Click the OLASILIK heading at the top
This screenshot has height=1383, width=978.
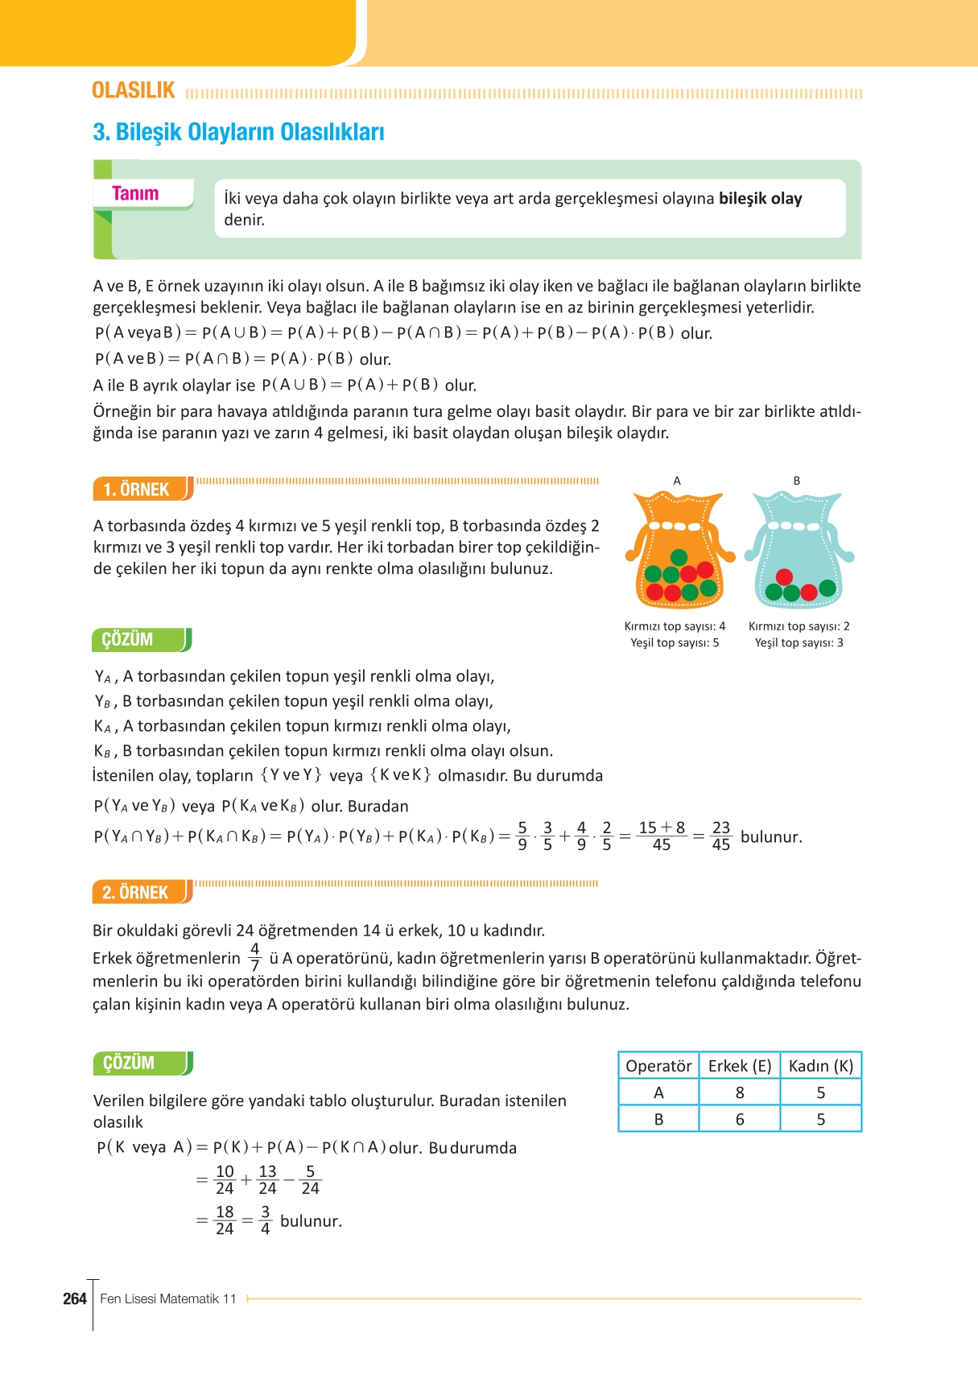[x=133, y=90]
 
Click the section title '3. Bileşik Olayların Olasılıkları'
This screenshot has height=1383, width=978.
[x=238, y=132]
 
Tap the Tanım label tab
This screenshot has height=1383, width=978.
[x=135, y=193]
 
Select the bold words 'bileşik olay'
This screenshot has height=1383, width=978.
[x=760, y=199]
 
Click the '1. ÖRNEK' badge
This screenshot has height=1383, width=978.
[x=137, y=489]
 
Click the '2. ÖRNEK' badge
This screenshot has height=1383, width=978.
[x=136, y=892]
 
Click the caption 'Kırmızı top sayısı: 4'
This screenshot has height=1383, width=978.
[x=675, y=626]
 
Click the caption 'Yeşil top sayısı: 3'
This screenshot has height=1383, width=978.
[x=798, y=642]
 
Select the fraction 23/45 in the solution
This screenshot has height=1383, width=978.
[x=721, y=836]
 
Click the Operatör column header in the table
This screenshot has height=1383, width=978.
[x=658, y=1066]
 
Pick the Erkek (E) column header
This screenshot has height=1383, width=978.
[x=740, y=1066]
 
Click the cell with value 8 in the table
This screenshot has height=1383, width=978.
[x=740, y=1092]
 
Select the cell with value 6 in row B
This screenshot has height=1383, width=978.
[x=740, y=1119]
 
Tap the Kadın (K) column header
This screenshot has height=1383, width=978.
[x=820, y=1066]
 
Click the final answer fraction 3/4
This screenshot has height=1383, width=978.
[x=265, y=1220]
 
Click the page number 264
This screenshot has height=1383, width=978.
[x=75, y=1298]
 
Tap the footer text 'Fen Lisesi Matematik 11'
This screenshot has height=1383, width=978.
[x=168, y=1298]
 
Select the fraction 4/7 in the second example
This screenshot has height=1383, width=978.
[x=255, y=957]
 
